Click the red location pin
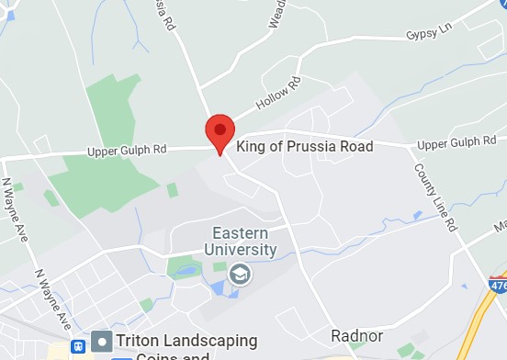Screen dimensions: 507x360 tap(220, 133)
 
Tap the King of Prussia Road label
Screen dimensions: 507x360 tap(305, 147)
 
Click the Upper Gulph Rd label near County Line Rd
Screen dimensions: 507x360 tap(456, 143)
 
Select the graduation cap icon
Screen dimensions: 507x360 tap(240, 273)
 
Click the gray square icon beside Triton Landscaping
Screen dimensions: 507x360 tap(102, 342)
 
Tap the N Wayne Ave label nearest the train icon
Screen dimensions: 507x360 tap(54, 299)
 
